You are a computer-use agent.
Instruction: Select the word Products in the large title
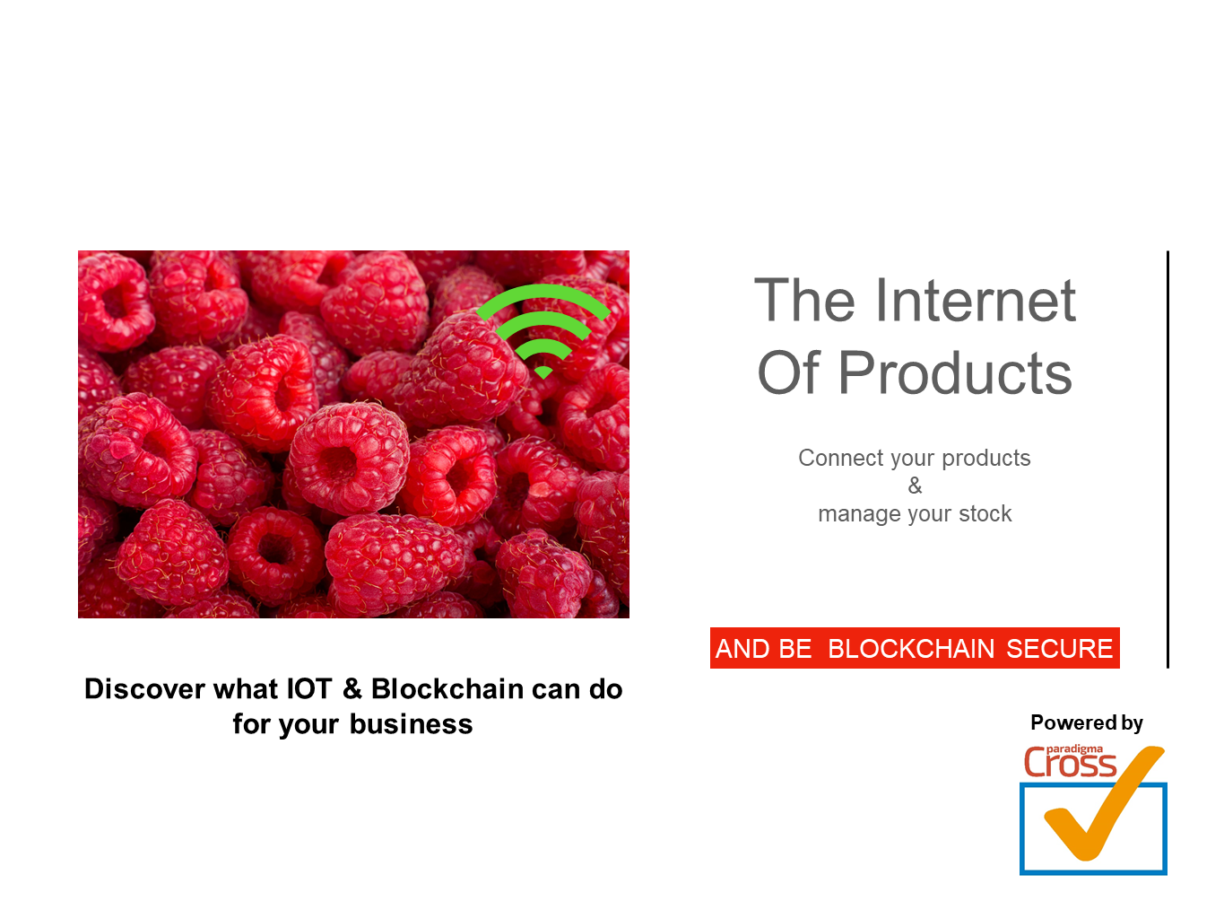(x=955, y=372)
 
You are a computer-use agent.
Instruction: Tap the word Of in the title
(x=788, y=372)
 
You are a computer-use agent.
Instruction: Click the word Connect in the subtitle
(x=840, y=458)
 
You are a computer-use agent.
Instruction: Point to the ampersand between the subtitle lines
(x=915, y=486)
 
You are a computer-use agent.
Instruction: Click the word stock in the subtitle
(x=984, y=513)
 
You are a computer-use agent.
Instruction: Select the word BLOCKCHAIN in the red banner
(x=911, y=648)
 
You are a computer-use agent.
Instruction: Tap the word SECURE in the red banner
(x=1059, y=648)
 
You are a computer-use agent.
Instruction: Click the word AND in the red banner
(x=741, y=648)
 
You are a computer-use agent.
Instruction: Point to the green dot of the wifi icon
(x=543, y=372)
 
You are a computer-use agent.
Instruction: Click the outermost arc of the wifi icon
(x=543, y=292)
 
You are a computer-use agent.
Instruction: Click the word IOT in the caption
(x=309, y=688)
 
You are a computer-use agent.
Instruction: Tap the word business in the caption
(x=411, y=724)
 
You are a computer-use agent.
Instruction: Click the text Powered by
(x=1086, y=723)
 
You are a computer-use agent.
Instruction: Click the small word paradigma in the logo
(x=1074, y=749)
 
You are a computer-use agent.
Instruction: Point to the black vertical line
(x=1168, y=459)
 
